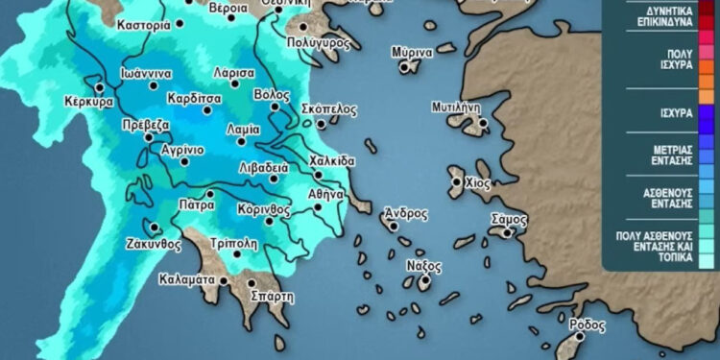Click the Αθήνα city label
tap(325, 194)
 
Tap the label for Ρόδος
tap(587, 324)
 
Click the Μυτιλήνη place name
tap(455, 107)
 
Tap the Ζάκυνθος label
tap(154, 245)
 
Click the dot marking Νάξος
tap(422, 282)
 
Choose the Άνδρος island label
tap(406, 213)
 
